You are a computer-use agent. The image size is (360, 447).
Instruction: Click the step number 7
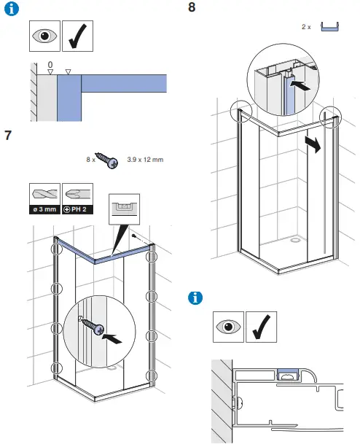[8, 135]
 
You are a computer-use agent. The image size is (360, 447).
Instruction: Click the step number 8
[192, 8]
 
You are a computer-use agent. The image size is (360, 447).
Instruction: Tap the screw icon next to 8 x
[106, 160]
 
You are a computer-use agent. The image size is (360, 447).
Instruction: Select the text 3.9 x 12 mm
[145, 160]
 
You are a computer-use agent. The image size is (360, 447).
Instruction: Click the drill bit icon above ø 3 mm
[45, 195]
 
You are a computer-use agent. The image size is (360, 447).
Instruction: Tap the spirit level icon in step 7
[122, 209]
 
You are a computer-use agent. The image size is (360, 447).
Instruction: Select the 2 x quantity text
[306, 27]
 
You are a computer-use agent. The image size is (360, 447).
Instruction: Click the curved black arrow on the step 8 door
[313, 144]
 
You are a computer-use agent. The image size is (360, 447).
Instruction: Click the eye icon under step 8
[228, 327]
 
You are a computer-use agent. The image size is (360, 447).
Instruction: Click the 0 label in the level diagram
[50, 66]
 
